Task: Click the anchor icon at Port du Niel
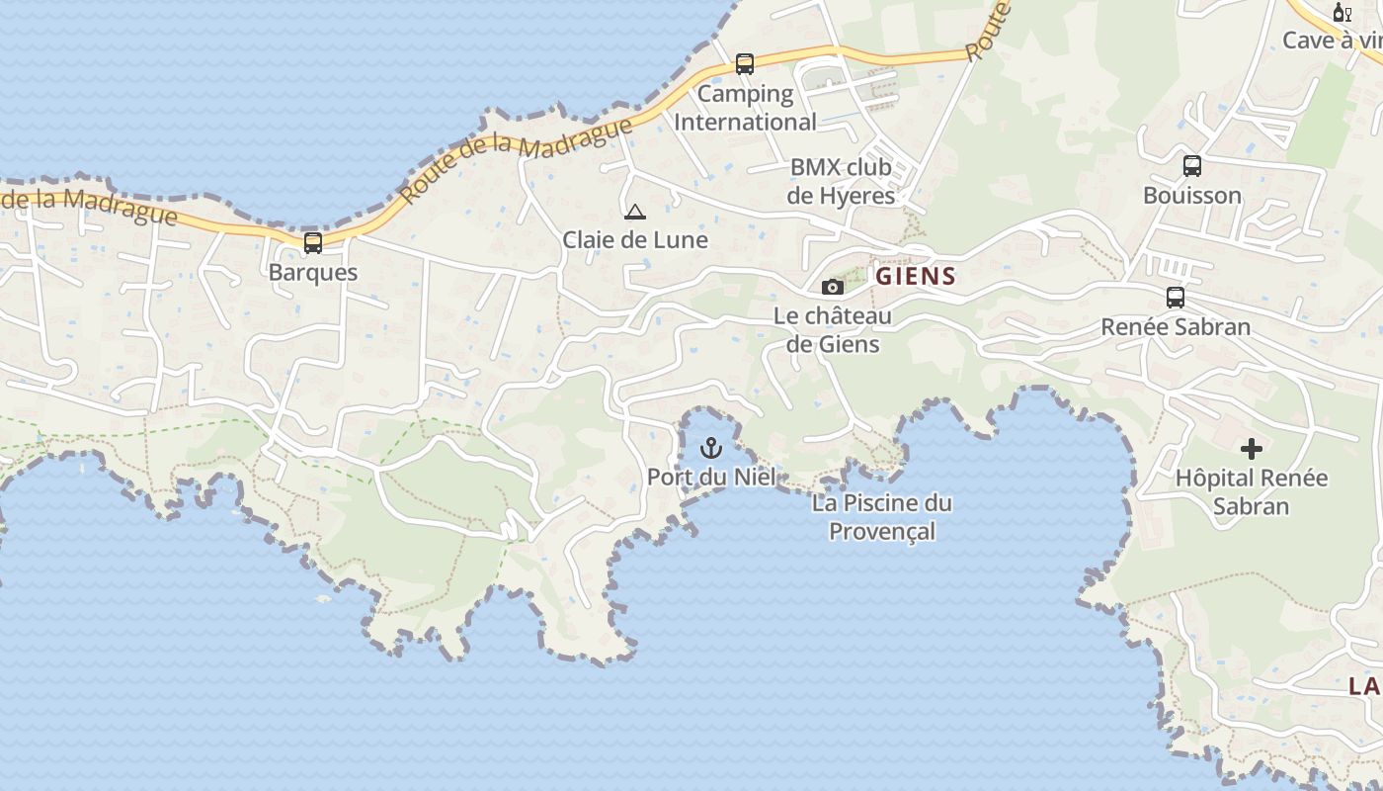(710, 449)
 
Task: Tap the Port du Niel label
(711, 478)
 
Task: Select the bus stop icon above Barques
(313, 242)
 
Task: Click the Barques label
(313, 272)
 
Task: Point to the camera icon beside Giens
(833, 287)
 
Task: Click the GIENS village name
(916, 276)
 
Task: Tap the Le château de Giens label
(832, 330)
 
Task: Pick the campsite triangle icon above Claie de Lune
(634, 211)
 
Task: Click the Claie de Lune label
(635, 239)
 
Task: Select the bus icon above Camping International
(745, 64)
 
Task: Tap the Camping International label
(745, 108)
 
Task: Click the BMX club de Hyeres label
(841, 181)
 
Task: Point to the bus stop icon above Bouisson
(1192, 166)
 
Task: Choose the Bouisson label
(1192, 196)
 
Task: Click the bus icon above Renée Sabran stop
(1176, 297)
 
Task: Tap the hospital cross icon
(1252, 449)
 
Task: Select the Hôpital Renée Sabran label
(1252, 492)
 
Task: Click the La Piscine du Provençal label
(882, 517)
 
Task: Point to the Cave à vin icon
(1342, 13)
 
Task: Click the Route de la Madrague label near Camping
(517, 156)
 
